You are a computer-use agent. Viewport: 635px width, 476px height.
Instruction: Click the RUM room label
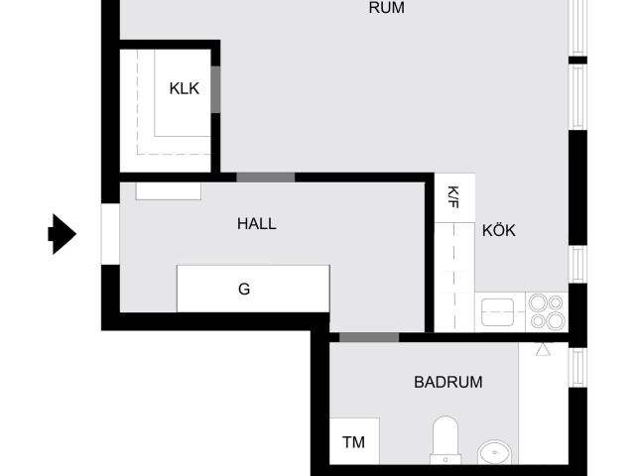point(386,8)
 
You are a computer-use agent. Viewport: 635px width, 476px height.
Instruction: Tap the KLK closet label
point(185,88)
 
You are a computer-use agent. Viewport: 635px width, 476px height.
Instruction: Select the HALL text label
point(257,224)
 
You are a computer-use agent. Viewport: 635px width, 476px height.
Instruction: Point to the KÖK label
point(499,230)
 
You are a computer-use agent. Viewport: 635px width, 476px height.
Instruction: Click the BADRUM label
point(447,382)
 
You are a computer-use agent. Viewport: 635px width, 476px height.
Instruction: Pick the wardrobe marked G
point(253,289)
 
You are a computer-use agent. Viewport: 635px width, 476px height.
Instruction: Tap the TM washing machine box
point(354,441)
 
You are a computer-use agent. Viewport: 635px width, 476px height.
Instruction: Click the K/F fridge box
point(454,197)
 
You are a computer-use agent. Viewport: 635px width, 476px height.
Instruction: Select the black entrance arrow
point(62,234)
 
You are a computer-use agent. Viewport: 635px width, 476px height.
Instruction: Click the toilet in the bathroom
point(445,440)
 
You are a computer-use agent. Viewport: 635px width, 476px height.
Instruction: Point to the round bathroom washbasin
point(494,452)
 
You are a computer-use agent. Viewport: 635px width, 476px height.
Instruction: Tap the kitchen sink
point(497,312)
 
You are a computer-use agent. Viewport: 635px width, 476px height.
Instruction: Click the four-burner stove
point(547,312)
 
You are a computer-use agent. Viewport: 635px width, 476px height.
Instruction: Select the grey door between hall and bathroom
point(369,337)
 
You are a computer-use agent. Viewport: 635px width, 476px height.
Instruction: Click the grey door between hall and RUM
point(266,178)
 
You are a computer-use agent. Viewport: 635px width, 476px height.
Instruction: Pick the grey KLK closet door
point(216,89)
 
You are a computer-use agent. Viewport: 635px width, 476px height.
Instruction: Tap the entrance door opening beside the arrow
point(110,234)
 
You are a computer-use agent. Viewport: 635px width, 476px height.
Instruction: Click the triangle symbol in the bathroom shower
point(543,349)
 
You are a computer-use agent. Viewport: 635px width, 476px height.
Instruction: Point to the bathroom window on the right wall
point(577,368)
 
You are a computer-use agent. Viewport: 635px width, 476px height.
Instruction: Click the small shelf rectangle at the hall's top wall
point(169,191)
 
